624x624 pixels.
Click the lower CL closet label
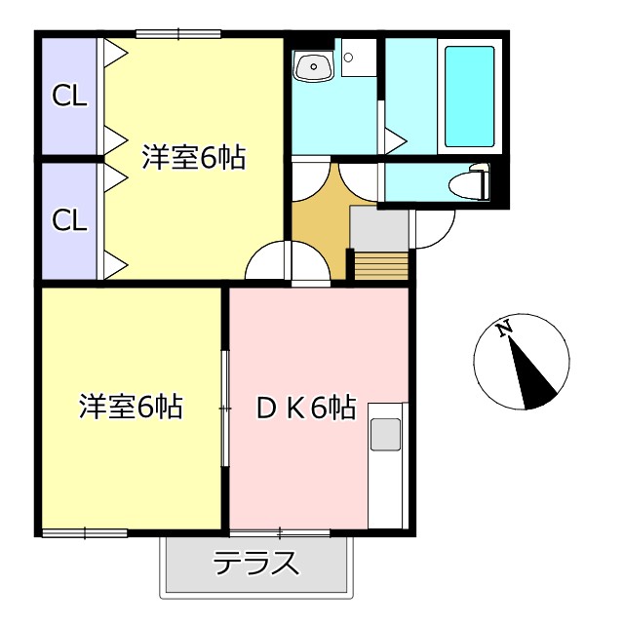tap(70, 219)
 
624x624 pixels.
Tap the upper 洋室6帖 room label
tap(193, 157)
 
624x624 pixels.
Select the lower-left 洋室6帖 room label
tap(131, 407)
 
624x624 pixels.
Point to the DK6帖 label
tap(305, 407)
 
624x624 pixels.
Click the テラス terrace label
tap(255, 564)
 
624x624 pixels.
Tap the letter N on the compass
tap(505, 330)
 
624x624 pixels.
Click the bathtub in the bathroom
tap(469, 95)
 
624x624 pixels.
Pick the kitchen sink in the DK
tap(384, 434)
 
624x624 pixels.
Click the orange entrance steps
tap(379, 265)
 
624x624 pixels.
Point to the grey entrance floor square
tap(378, 228)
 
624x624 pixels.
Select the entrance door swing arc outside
tap(435, 228)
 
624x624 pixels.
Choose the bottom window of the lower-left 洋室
tap(85, 532)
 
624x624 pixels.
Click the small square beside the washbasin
tap(351, 57)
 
